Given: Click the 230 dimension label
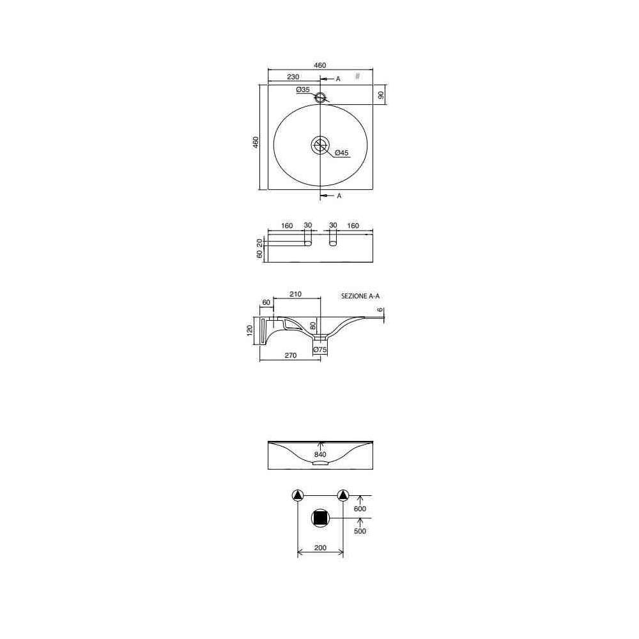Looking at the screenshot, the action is coord(293,77).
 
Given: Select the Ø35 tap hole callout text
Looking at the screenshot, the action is coord(303,89).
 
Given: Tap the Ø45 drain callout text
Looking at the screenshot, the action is coord(341,153).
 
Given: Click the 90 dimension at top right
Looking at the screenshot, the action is coord(381,95).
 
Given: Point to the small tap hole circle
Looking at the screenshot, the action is coord(320,97).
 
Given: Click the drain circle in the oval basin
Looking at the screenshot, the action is coord(320,145).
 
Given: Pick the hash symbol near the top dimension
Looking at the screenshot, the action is coord(357,76).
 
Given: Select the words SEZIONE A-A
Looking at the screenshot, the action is coord(360,296).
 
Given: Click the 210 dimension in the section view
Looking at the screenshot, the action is coord(295,294).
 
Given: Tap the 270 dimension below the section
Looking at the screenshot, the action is coord(291,355).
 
